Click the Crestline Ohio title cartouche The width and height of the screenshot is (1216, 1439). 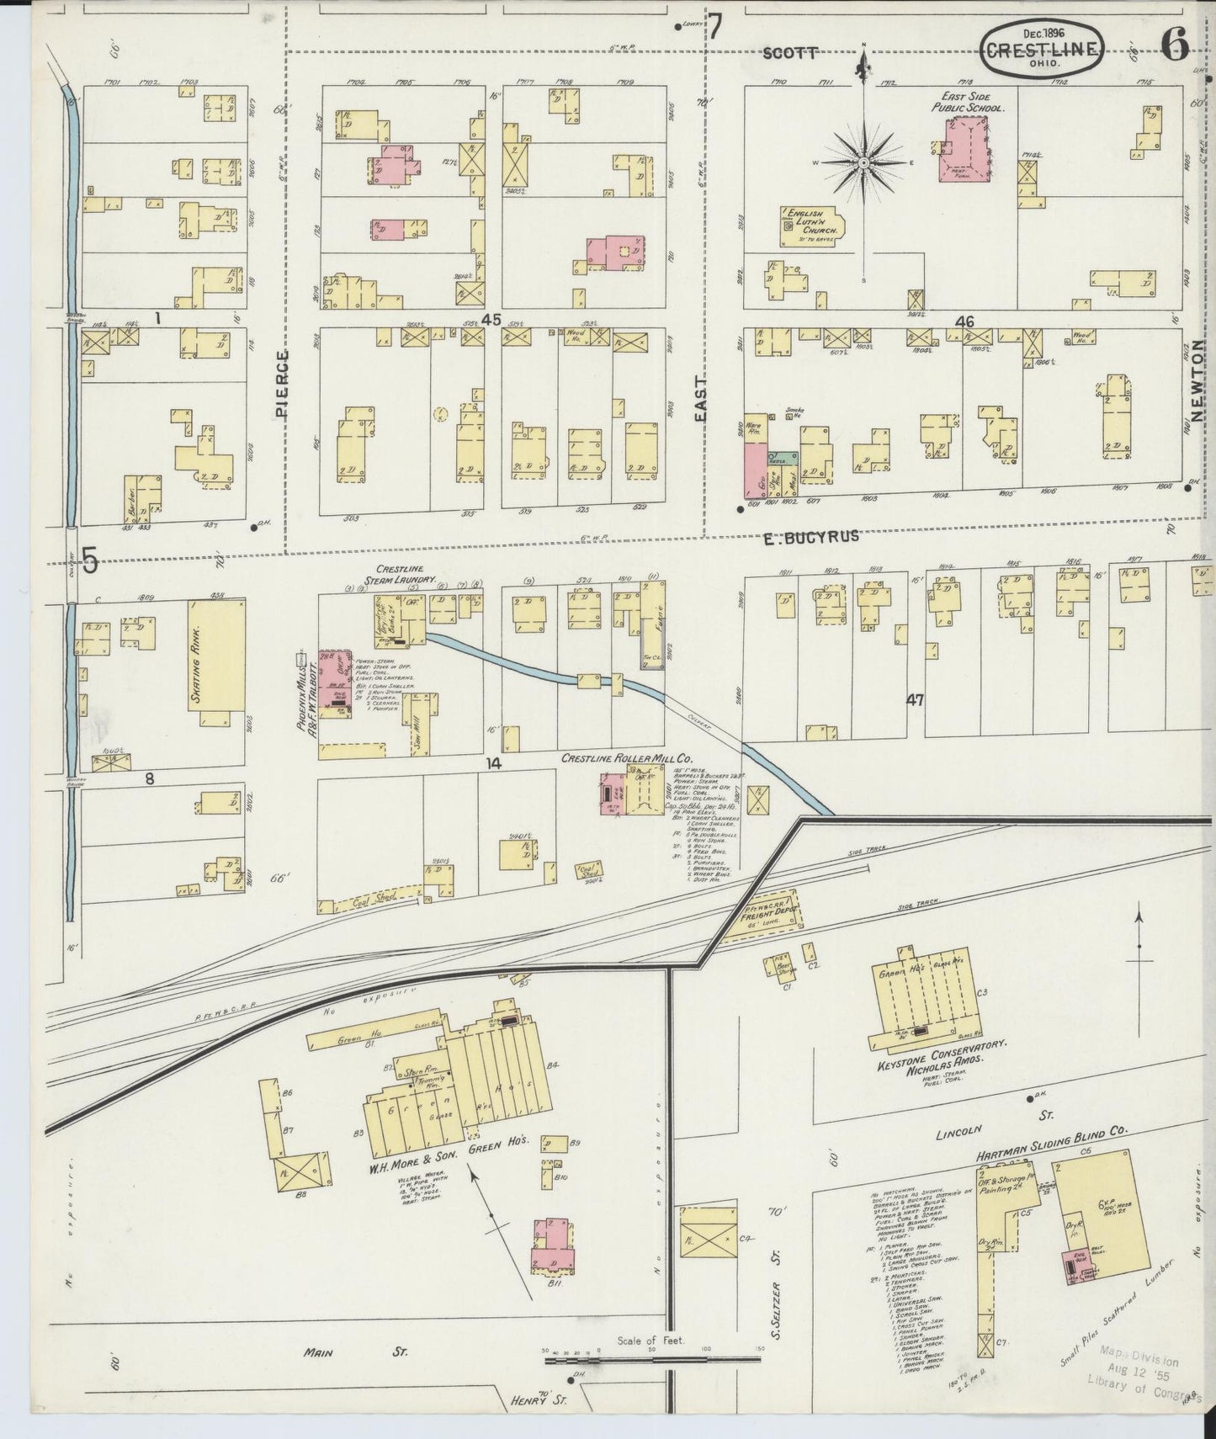(x=1042, y=48)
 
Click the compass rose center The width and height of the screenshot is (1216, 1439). (x=863, y=162)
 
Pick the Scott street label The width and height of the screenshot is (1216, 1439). (x=790, y=52)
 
